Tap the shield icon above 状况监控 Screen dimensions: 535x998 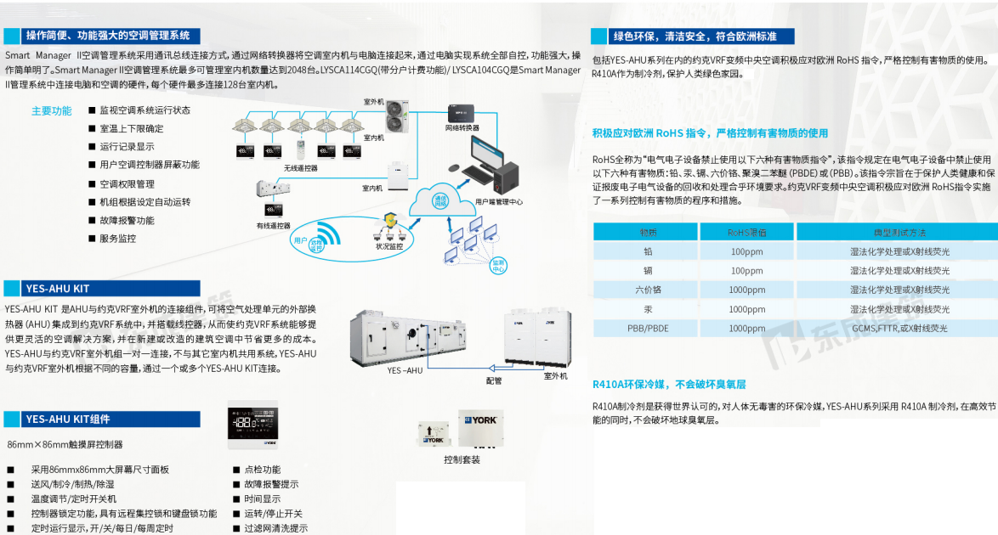pyautogui.click(x=390, y=221)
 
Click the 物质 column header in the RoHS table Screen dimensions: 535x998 pyautogui.click(x=648, y=232)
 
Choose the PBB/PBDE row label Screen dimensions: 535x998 pyautogui.click(x=648, y=328)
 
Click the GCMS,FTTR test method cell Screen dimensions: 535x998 pyautogui.click(x=899, y=328)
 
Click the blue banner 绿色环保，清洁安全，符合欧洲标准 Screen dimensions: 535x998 pyautogui.click(x=696, y=36)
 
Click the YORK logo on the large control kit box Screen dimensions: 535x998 pyautogui.click(x=481, y=420)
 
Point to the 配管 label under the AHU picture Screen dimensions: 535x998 pyautogui.click(x=494, y=380)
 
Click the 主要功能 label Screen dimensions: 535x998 pyautogui.click(x=52, y=110)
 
